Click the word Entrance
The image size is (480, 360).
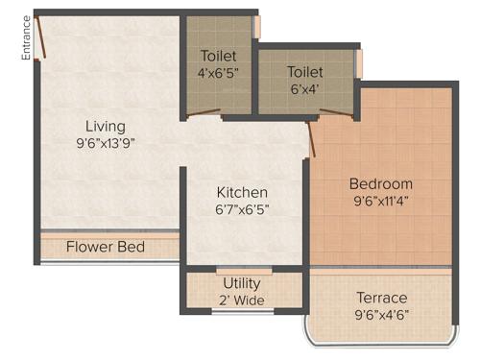click(27, 38)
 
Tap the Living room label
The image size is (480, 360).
click(105, 127)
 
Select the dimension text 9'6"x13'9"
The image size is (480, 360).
click(105, 144)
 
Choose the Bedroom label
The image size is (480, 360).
click(380, 183)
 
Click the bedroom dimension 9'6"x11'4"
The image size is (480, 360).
click(380, 202)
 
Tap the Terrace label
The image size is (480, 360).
click(381, 298)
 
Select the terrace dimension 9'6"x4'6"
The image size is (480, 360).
click(381, 315)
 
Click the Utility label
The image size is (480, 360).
click(242, 284)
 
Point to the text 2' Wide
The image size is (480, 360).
click(242, 300)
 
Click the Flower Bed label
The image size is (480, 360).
click(106, 247)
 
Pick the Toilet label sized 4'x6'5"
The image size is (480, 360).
click(220, 55)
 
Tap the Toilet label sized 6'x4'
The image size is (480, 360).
click(304, 72)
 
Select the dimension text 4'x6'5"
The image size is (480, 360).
click(220, 72)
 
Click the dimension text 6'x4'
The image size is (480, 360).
click(304, 88)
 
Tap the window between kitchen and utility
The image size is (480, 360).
click(243, 270)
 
